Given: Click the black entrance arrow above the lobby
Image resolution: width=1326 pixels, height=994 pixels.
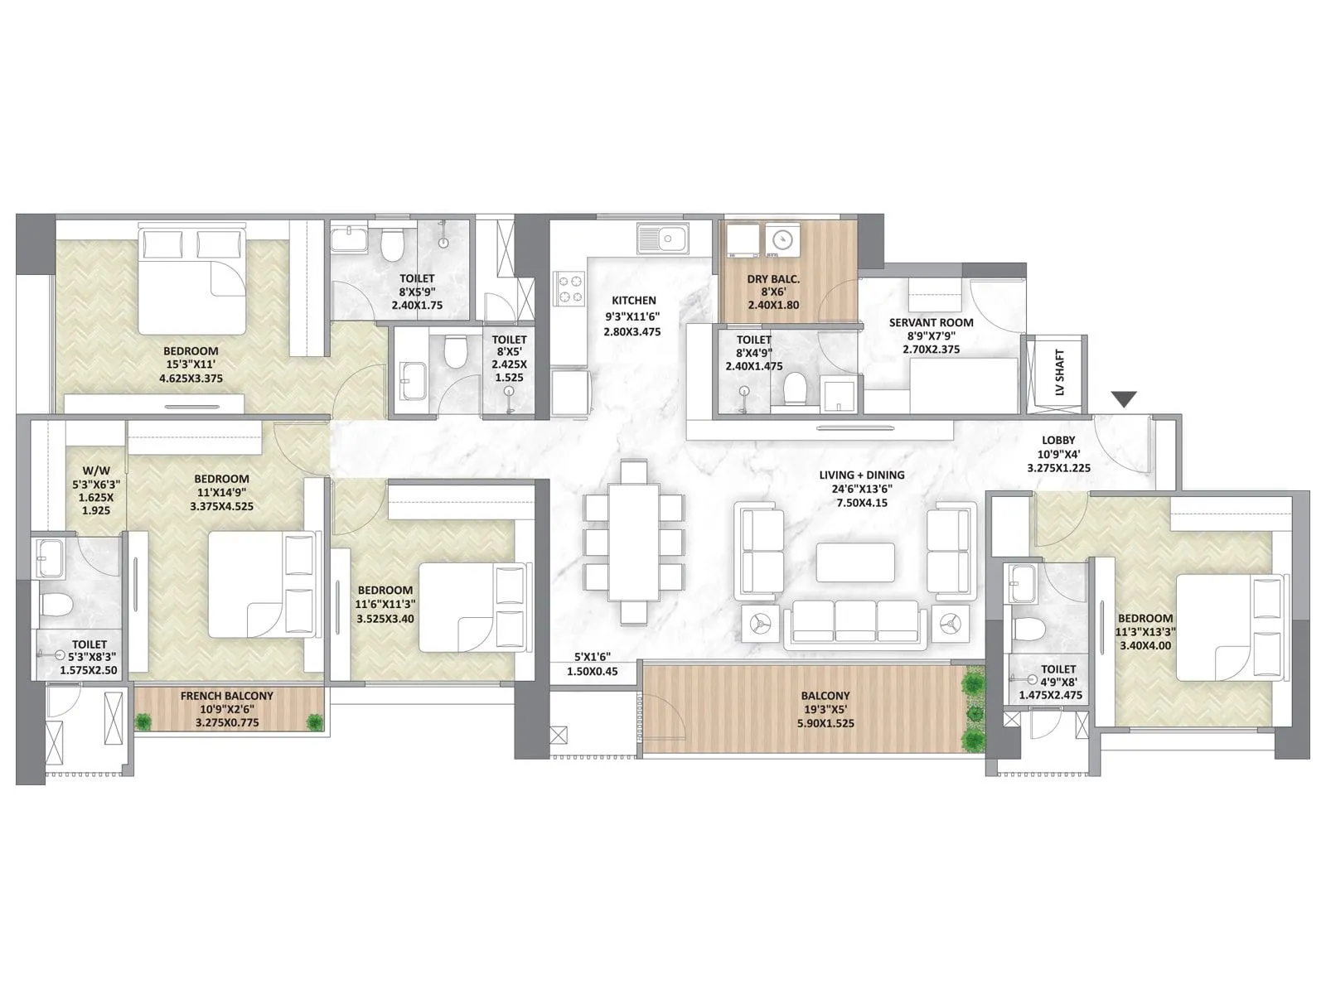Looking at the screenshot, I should click(x=1124, y=399).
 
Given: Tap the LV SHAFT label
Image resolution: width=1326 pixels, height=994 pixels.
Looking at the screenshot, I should click(x=1060, y=373).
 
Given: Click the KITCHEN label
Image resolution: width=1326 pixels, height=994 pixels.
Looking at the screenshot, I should click(x=634, y=301).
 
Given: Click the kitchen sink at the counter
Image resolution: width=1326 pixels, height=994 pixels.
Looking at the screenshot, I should click(x=661, y=240).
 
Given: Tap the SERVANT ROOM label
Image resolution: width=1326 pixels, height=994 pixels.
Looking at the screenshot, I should click(x=931, y=322).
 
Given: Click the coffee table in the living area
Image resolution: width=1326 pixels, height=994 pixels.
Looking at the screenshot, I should click(x=855, y=562).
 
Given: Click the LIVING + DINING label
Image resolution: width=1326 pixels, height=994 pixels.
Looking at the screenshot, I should click(x=862, y=475).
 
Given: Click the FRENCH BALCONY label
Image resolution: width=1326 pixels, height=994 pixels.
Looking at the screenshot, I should click(x=226, y=696).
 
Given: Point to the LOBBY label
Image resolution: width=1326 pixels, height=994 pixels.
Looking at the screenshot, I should click(x=1058, y=440).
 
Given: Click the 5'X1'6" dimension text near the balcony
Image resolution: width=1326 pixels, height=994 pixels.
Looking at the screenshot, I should click(x=592, y=657).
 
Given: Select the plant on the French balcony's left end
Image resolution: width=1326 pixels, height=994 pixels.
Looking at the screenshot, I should click(x=144, y=722).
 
